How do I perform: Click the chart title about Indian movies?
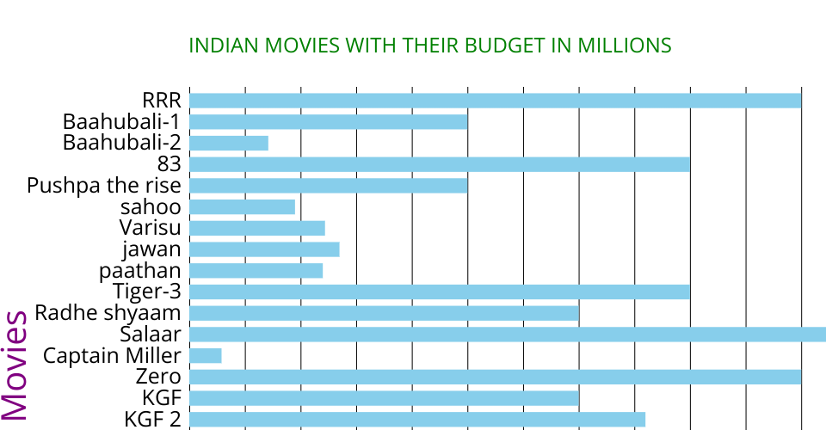[429, 46]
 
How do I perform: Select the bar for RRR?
[495, 101]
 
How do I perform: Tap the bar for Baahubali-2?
[229, 143]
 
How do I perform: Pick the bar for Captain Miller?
[206, 356]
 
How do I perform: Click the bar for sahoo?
[242, 207]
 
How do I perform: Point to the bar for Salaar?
[508, 335]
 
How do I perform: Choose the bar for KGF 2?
[417, 420]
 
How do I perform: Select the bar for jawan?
[264, 249]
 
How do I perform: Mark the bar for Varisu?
[257, 228]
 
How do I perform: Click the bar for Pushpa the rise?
[329, 186]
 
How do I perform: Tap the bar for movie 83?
[440, 164]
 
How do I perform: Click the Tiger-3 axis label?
[146, 292]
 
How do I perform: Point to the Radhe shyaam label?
[108, 313]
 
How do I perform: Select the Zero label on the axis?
[158, 377]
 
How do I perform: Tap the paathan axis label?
[140, 271]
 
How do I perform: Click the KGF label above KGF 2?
[162, 398]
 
